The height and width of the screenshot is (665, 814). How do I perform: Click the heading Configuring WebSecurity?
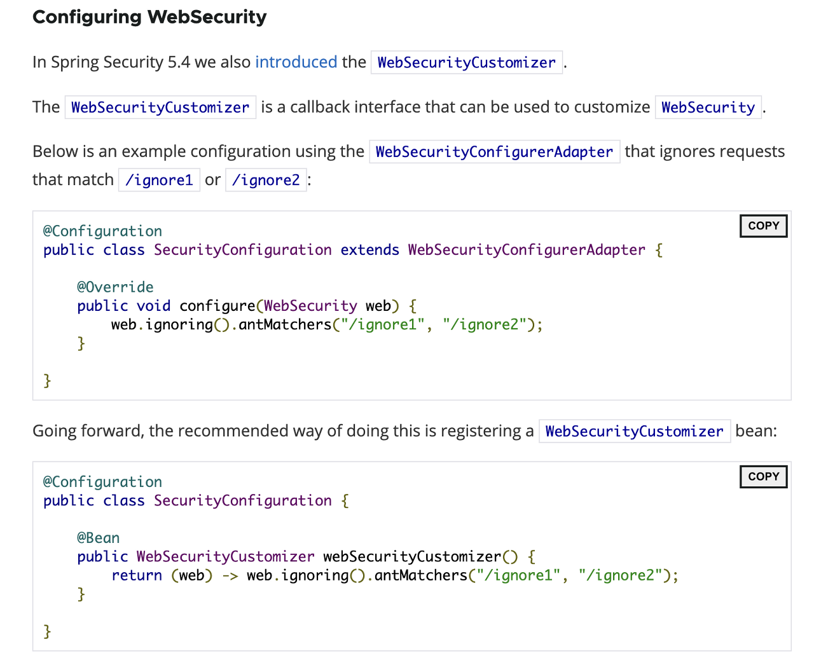point(149,17)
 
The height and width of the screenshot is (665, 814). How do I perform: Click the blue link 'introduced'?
point(296,62)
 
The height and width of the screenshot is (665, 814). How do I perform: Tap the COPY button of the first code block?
point(763,226)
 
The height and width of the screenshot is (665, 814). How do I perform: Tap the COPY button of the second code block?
point(763,476)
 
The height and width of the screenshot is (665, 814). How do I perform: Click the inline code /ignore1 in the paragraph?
point(159,180)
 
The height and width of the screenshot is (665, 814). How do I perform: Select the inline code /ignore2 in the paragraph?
point(266,180)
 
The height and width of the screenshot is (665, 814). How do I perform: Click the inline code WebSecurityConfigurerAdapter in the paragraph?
point(494,152)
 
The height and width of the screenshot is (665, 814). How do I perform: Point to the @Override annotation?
point(115,287)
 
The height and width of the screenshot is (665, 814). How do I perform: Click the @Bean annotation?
point(98,538)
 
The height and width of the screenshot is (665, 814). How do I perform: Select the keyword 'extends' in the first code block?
point(369,250)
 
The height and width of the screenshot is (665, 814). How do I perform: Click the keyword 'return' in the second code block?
point(137,575)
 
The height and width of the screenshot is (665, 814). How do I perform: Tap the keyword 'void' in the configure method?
point(153,306)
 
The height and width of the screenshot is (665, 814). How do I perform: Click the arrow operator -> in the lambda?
point(230,575)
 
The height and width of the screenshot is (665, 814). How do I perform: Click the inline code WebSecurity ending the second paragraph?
point(708,107)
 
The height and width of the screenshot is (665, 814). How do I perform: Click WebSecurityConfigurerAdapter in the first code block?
point(527,250)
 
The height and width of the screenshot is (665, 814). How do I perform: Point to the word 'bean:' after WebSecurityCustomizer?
point(756,431)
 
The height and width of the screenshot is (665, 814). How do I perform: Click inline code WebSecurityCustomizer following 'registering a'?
point(634,432)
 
